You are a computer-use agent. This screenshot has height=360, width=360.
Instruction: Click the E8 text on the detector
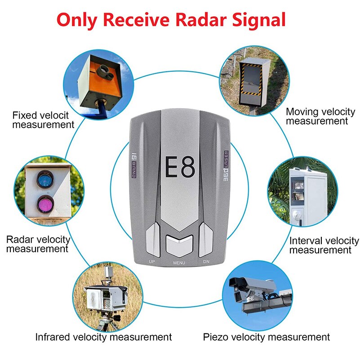[180, 167]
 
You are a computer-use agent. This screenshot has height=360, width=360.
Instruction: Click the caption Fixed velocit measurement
[43, 120]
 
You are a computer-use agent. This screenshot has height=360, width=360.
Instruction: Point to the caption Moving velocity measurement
[320, 116]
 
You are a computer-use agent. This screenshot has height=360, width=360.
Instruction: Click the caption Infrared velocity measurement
[103, 337]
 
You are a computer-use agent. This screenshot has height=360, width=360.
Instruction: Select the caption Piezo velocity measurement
[267, 337]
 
